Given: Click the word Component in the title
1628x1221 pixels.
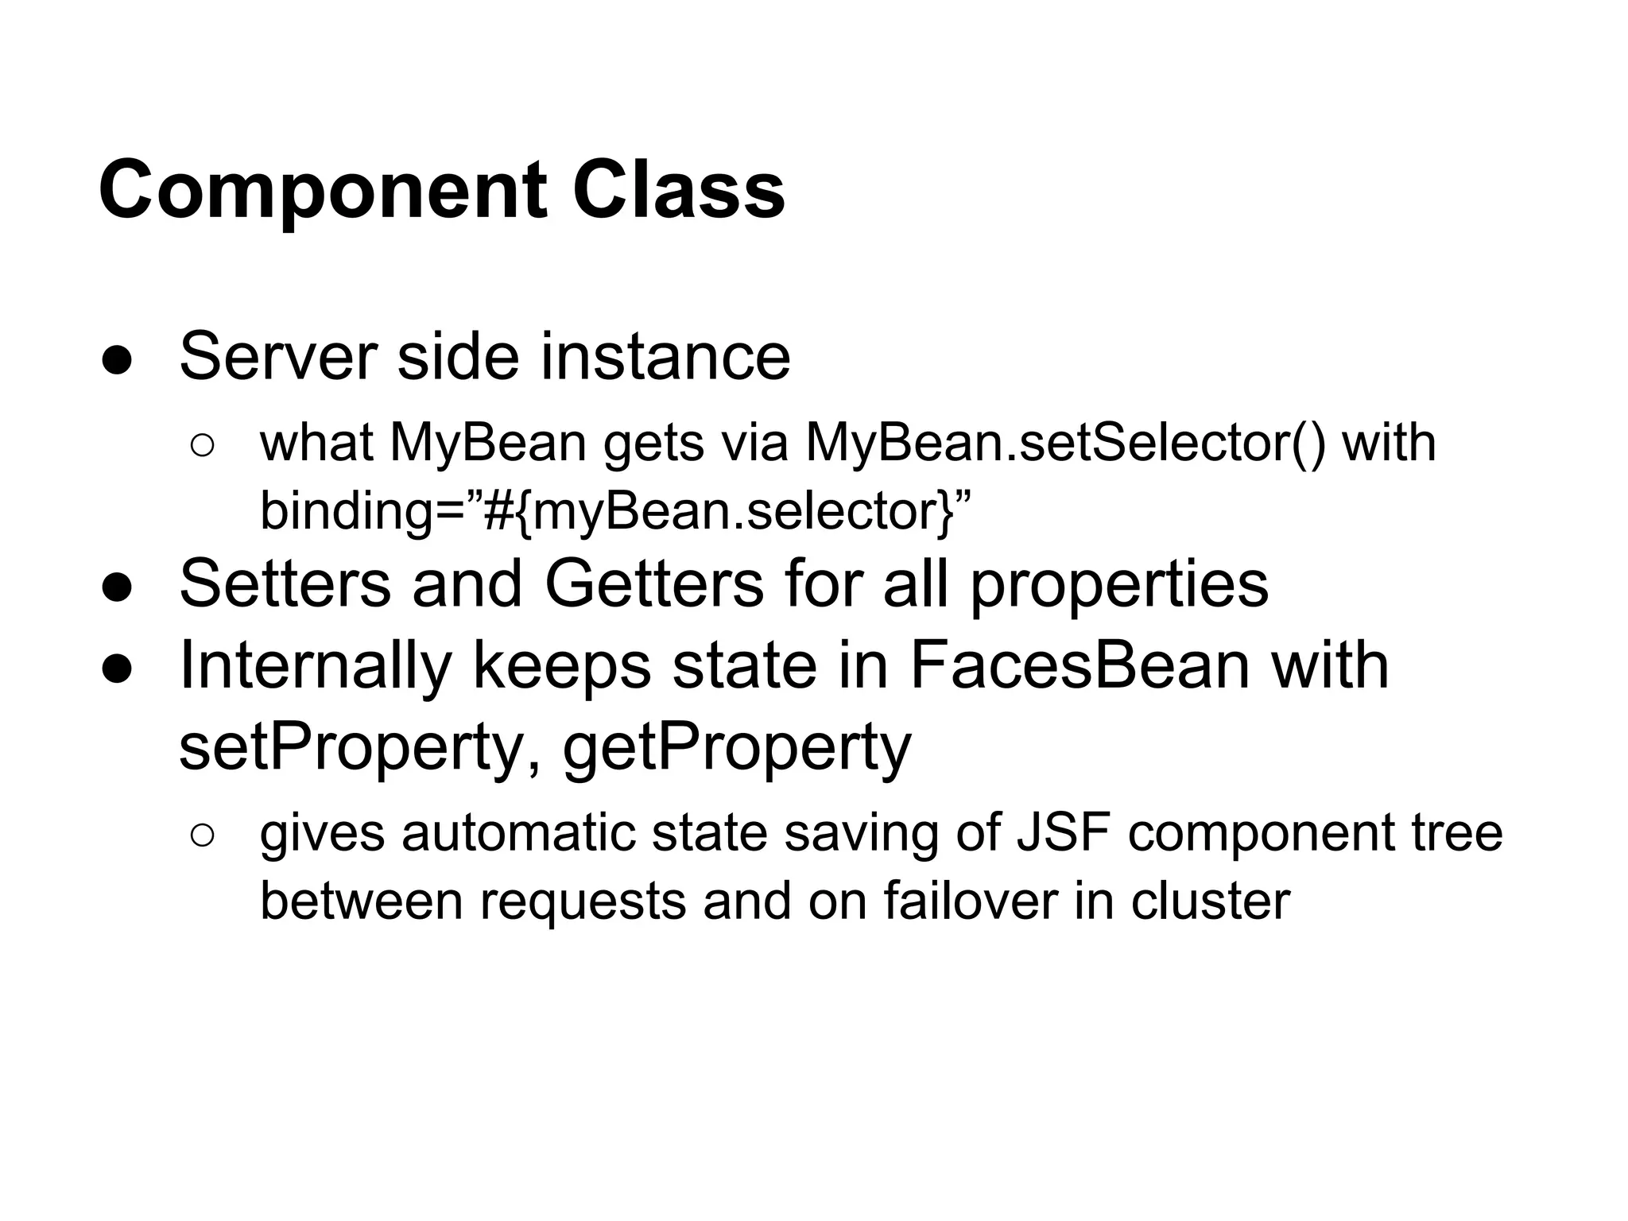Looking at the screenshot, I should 322,191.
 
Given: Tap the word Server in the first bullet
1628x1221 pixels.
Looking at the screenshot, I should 277,356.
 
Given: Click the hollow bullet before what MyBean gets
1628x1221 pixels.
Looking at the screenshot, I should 202,446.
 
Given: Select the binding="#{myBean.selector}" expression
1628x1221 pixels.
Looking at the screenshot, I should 615,510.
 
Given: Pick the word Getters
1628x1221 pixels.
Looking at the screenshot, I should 654,584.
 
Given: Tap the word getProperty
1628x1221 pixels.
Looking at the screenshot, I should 736,747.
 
